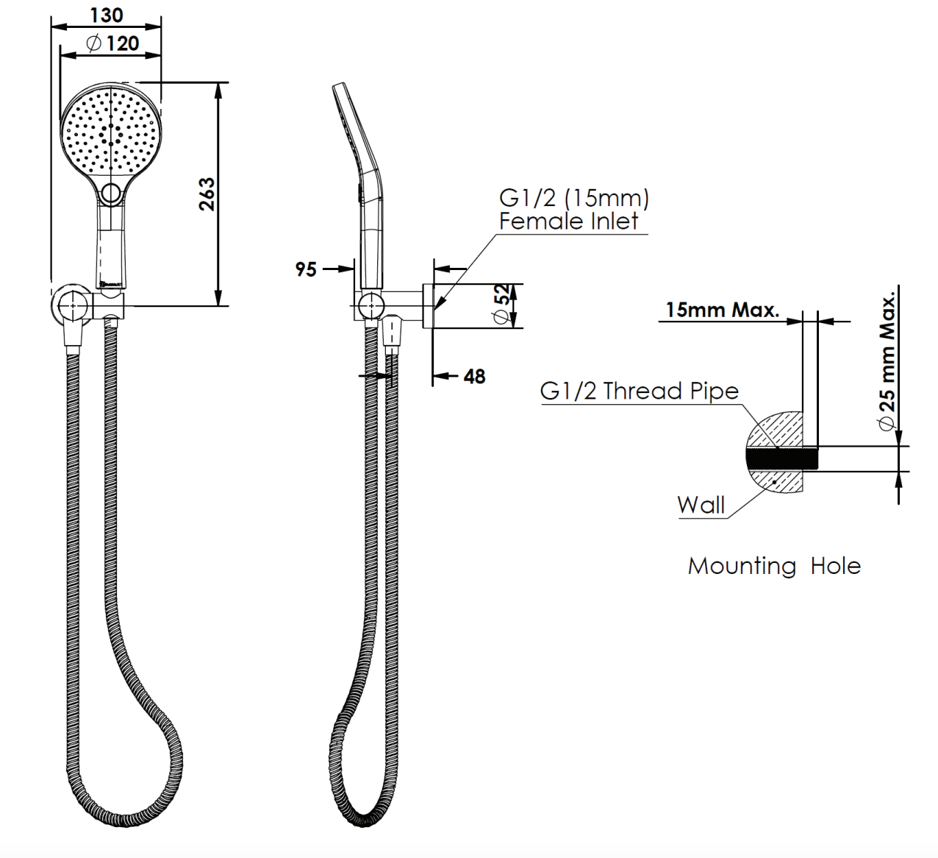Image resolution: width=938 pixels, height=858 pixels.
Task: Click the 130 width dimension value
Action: click(106, 15)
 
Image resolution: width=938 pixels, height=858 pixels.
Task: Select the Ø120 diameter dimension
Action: click(112, 43)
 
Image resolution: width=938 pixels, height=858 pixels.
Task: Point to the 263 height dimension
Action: click(207, 194)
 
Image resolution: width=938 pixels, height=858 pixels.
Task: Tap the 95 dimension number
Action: click(306, 269)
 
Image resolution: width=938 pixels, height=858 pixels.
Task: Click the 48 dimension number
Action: click(475, 377)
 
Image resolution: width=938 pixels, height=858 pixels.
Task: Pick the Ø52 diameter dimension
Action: click(501, 305)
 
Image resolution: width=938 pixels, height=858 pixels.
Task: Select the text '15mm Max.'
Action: click(722, 310)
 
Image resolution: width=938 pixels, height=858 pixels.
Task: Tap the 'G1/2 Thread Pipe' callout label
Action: click(639, 391)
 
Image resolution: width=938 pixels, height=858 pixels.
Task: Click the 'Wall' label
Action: click(701, 505)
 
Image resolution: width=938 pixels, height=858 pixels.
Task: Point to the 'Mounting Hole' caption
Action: click(773, 566)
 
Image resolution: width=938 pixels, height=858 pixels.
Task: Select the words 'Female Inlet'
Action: click(568, 221)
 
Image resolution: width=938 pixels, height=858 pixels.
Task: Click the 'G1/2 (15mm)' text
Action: click(573, 198)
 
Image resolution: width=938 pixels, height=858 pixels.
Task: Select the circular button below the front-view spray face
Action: click(111, 194)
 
